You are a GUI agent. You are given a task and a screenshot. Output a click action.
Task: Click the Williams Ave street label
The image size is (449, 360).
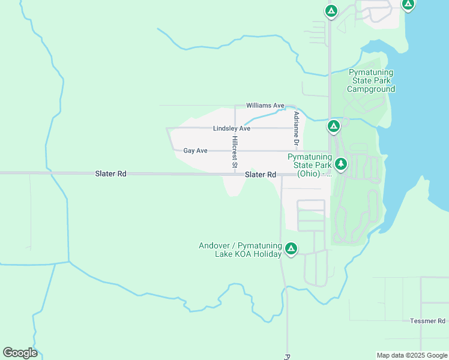[265, 106]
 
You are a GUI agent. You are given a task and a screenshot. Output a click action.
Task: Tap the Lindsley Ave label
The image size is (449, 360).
[231, 128]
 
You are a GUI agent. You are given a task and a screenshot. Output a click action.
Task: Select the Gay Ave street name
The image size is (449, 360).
[195, 151]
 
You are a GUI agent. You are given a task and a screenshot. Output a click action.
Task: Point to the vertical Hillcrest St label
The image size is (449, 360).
[235, 151]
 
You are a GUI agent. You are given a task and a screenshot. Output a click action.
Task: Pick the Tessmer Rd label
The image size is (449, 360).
[429, 321]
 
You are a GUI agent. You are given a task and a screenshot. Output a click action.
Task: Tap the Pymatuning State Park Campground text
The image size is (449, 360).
[371, 80]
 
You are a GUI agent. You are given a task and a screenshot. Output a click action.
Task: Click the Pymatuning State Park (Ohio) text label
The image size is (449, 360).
[309, 165]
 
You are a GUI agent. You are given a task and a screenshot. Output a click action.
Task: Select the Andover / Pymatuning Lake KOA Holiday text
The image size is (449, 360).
[240, 250]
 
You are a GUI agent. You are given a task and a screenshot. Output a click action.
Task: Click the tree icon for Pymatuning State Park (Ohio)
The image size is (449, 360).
[341, 164]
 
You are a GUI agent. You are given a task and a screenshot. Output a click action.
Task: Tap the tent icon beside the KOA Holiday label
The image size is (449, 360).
[291, 248]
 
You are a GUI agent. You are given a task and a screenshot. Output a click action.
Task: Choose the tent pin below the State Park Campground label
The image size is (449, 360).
[334, 127]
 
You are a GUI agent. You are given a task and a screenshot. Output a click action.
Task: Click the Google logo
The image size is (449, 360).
[20, 353]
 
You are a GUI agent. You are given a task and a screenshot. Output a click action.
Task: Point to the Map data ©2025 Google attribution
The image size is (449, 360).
[412, 355]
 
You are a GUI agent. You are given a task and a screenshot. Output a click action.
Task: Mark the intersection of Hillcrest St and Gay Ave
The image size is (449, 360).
[235, 151]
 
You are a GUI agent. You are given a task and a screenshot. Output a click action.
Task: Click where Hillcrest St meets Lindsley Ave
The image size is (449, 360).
[235, 128]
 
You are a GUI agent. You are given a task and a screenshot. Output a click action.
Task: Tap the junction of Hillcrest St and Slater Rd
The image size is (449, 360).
[235, 174]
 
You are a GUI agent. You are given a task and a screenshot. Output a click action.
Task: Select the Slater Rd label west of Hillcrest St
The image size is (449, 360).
[110, 173]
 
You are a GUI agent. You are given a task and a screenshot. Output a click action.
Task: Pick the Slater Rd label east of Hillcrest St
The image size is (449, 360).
[261, 175]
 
